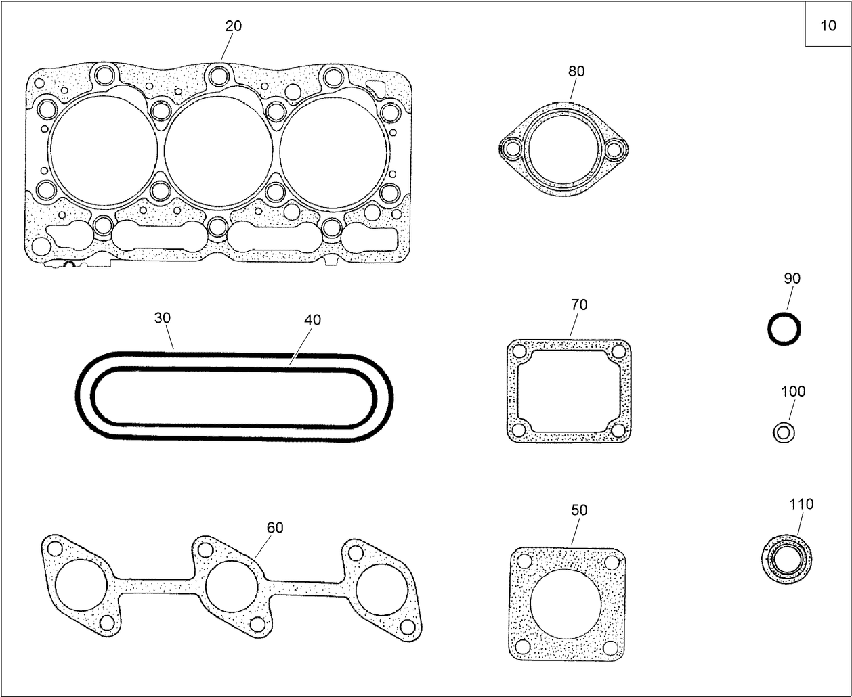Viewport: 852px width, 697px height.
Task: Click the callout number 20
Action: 233,26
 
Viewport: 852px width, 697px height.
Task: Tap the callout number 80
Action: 576,71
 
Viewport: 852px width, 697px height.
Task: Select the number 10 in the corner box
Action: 828,26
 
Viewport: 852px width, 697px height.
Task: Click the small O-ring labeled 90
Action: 784,330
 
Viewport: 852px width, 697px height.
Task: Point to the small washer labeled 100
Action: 784,431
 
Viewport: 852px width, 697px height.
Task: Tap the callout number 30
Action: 163,318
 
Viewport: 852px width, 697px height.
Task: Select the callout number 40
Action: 312,320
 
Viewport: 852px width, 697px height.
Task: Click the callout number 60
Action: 275,528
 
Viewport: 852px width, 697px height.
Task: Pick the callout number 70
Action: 579,305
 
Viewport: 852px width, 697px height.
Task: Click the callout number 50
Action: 579,510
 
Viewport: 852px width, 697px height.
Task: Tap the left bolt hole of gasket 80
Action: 513,148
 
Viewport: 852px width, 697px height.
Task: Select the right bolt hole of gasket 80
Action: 614,149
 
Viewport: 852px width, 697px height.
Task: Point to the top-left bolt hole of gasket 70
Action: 519,352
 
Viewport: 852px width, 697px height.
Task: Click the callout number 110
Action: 801,504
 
